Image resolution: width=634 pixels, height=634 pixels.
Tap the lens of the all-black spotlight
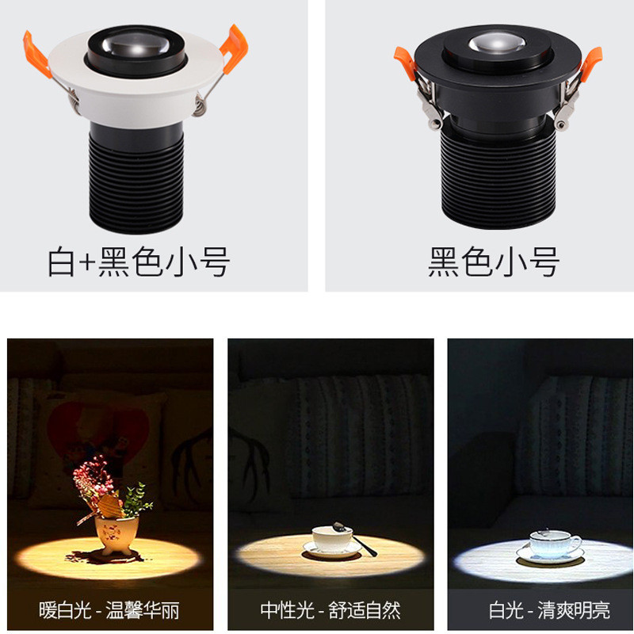coord(498,43)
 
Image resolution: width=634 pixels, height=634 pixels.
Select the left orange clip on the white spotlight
coord(36,54)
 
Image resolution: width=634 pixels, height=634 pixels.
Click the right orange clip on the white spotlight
coord(234,48)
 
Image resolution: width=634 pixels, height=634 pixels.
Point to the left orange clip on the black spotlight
coord(405,63)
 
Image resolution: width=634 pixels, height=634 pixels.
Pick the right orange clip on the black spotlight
coord(591,63)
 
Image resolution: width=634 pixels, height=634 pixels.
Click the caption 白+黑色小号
coord(139,262)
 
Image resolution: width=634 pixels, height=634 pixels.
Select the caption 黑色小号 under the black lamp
coord(494,262)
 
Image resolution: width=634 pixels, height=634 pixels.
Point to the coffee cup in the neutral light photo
coord(332,539)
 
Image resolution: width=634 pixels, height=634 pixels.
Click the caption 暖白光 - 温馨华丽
coord(109,609)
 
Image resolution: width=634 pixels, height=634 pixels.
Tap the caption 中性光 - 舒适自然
coord(330,609)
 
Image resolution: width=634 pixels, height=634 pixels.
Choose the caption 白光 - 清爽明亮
coord(549,609)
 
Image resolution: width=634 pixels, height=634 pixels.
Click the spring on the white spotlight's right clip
coord(200,105)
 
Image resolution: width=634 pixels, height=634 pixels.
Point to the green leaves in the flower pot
coord(136,501)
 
